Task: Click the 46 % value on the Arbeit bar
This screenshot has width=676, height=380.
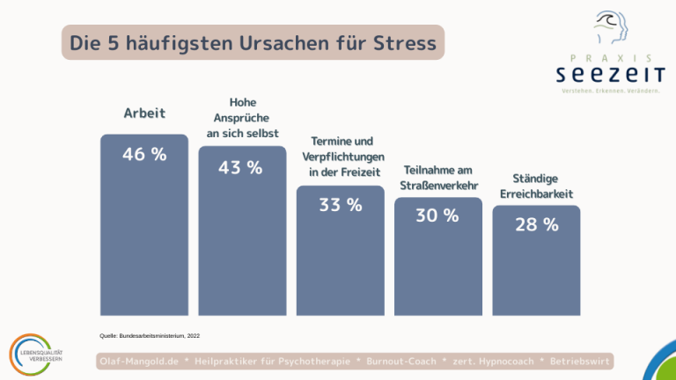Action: tap(144, 154)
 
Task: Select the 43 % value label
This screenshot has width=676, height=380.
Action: tap(241, 167)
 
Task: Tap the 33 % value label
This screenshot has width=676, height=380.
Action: tap(340, 205)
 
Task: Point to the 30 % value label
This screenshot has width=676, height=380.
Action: tap(437, 216)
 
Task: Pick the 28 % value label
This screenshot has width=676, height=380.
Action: tap(536, 225)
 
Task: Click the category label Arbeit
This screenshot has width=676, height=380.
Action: tap(144, 113)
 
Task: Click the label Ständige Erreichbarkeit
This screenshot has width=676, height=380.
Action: tap(537, 186)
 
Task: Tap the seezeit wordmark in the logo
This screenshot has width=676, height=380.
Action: tap(610, 73)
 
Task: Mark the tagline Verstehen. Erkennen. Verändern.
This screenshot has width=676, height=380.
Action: tap(610, 91)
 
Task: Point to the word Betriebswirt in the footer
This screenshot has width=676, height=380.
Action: tap(580, 362)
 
